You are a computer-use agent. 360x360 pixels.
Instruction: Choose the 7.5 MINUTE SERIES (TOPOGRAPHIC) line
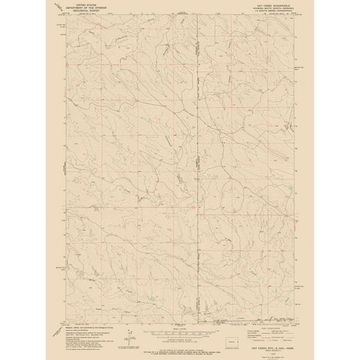point(270,11)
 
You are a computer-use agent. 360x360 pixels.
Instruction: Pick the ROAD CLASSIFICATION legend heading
point(270,326)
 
